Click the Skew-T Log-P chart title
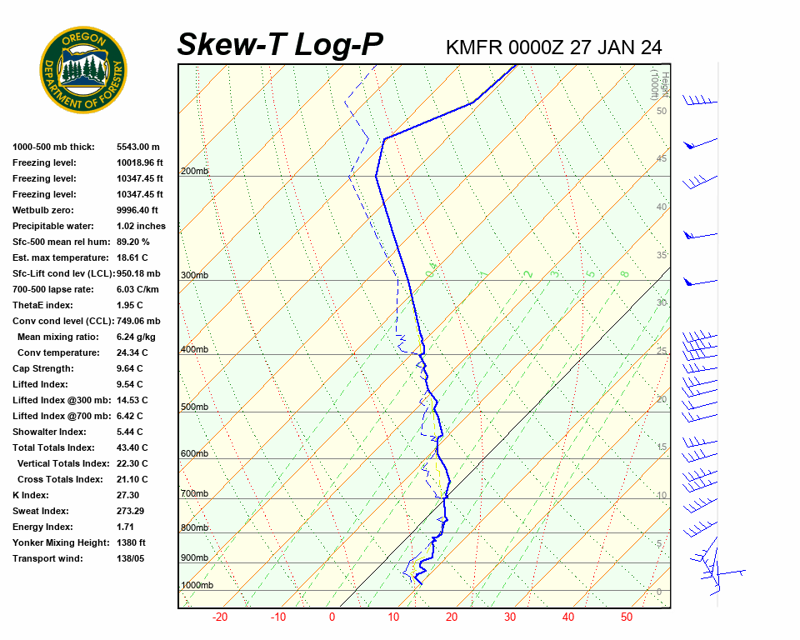281,45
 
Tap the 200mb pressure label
194,171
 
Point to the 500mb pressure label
194,407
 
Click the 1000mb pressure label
197,585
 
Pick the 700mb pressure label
194,493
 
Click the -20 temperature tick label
220,617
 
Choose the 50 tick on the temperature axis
627,617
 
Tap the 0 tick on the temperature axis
332,617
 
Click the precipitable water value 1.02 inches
141,226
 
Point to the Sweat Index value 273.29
132,511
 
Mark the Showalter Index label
49,432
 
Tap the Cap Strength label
43,368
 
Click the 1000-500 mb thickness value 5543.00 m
138,147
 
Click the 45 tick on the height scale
662,158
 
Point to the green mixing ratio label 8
624,273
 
